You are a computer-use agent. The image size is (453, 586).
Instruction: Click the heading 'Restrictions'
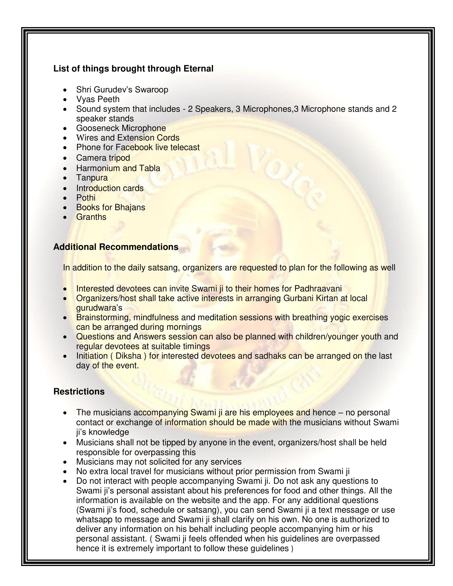coord(79,392)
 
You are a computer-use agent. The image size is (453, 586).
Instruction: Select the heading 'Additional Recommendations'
coord(116,247)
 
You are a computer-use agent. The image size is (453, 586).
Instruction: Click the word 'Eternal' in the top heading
coord(198,69)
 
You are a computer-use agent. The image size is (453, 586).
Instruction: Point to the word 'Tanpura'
coord(92,178)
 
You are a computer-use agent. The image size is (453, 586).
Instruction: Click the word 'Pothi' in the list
coord(86,198)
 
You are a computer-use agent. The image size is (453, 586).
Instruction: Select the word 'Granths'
coord(91,217)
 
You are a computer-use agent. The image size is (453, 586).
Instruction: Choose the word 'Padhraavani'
coord(318,289)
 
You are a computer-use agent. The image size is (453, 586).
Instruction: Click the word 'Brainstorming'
coord(103,318)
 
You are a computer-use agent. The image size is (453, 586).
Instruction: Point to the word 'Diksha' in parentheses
coord(128,356)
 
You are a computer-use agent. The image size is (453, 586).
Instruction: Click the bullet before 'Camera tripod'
coord(65,158)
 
